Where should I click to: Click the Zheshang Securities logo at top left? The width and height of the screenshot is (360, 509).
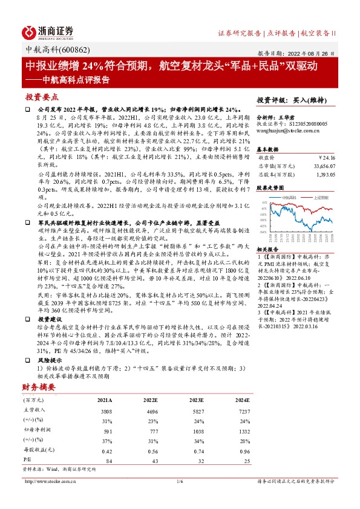tap(48, 31)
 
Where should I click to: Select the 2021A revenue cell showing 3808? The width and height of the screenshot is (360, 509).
tap(105, 410)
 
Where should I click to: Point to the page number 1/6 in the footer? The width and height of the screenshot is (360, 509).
tap(179, 481)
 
